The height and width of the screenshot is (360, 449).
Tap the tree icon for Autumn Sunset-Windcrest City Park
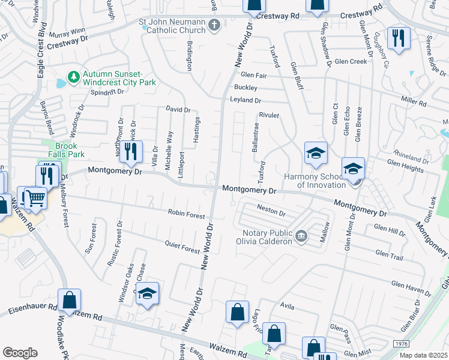click(73, 77)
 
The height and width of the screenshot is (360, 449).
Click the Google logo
click(20, 353)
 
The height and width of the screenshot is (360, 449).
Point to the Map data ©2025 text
click(423, 355)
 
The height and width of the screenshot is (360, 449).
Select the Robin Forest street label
click(186, 214)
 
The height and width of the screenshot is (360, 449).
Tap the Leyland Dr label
click(246, 101)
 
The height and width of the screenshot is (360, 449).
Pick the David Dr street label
click(178, 110)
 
